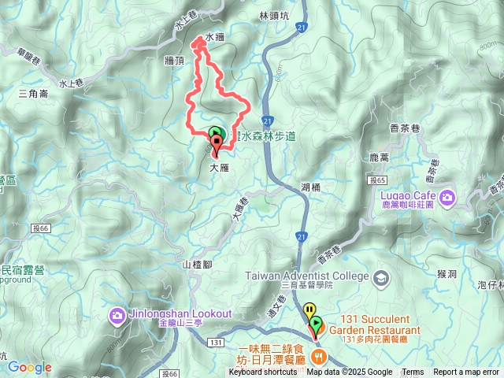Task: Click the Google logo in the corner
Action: [29, 367]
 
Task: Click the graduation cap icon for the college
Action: [381, 276]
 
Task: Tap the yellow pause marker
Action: [310, 310]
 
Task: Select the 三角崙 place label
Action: [33, 93]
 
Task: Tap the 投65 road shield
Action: [375, 181]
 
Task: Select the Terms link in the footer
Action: [413, 372]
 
